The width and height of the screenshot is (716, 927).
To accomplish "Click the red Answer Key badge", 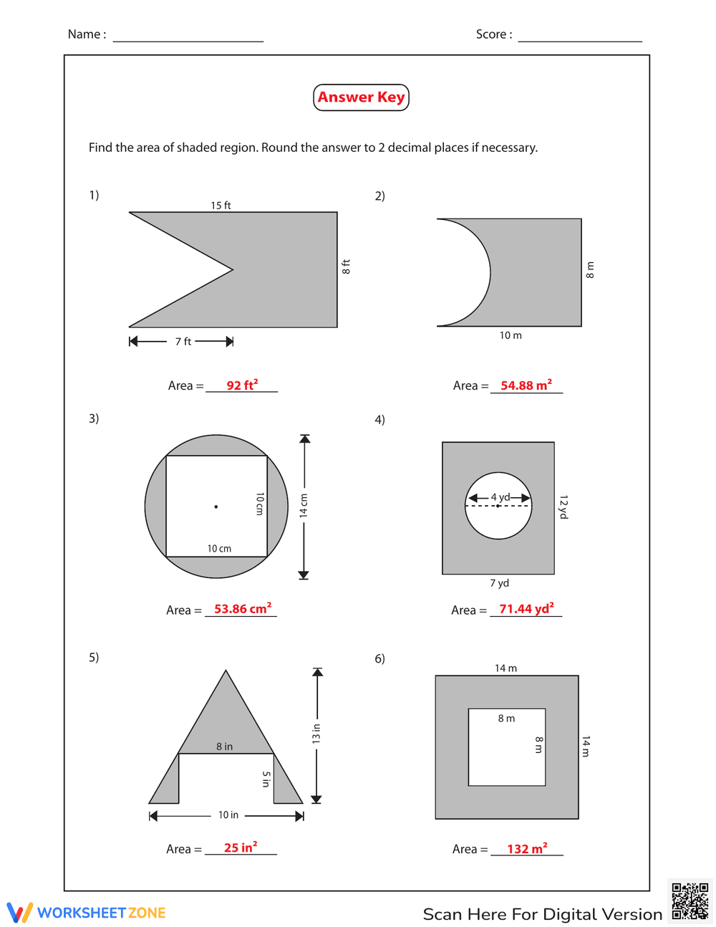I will click(x=361, y=97).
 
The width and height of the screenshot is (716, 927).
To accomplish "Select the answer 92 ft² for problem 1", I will click(x=242, y=385).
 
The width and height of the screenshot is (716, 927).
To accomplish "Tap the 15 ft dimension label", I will click(x=221, y=206).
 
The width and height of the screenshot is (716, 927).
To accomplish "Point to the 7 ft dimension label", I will click(x=183, y=342).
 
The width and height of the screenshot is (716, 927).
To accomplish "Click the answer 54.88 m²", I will click(x=526, y=385).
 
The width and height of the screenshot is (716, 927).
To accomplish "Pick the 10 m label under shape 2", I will click(x=511, y=335).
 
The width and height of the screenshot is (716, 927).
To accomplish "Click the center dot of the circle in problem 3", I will click(x=216, y=506).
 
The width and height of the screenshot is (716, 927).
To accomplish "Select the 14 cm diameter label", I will click(x=304, y=505).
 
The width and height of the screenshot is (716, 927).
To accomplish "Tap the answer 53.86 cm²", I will click(x=243, y=609).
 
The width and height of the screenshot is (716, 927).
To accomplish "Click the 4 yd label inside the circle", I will click(x=500, y=497).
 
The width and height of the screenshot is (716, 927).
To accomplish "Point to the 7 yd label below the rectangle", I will click(x=499, y=583).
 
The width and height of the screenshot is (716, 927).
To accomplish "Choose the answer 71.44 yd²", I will click(x=526, y=609).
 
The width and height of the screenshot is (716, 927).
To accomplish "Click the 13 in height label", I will click(x=316, y=734).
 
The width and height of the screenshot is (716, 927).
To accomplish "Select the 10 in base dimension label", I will click(x=228, y=815).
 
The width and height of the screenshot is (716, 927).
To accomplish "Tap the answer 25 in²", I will click(x=241, y=847).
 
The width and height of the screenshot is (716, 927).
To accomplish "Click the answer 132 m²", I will click(x=527, y=849).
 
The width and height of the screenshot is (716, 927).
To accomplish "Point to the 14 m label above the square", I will click(x=505, y=668).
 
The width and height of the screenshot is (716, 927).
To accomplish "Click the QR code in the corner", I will click(x=690, y=901).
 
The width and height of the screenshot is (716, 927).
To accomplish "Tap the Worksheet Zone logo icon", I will click(x=19, y=913).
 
